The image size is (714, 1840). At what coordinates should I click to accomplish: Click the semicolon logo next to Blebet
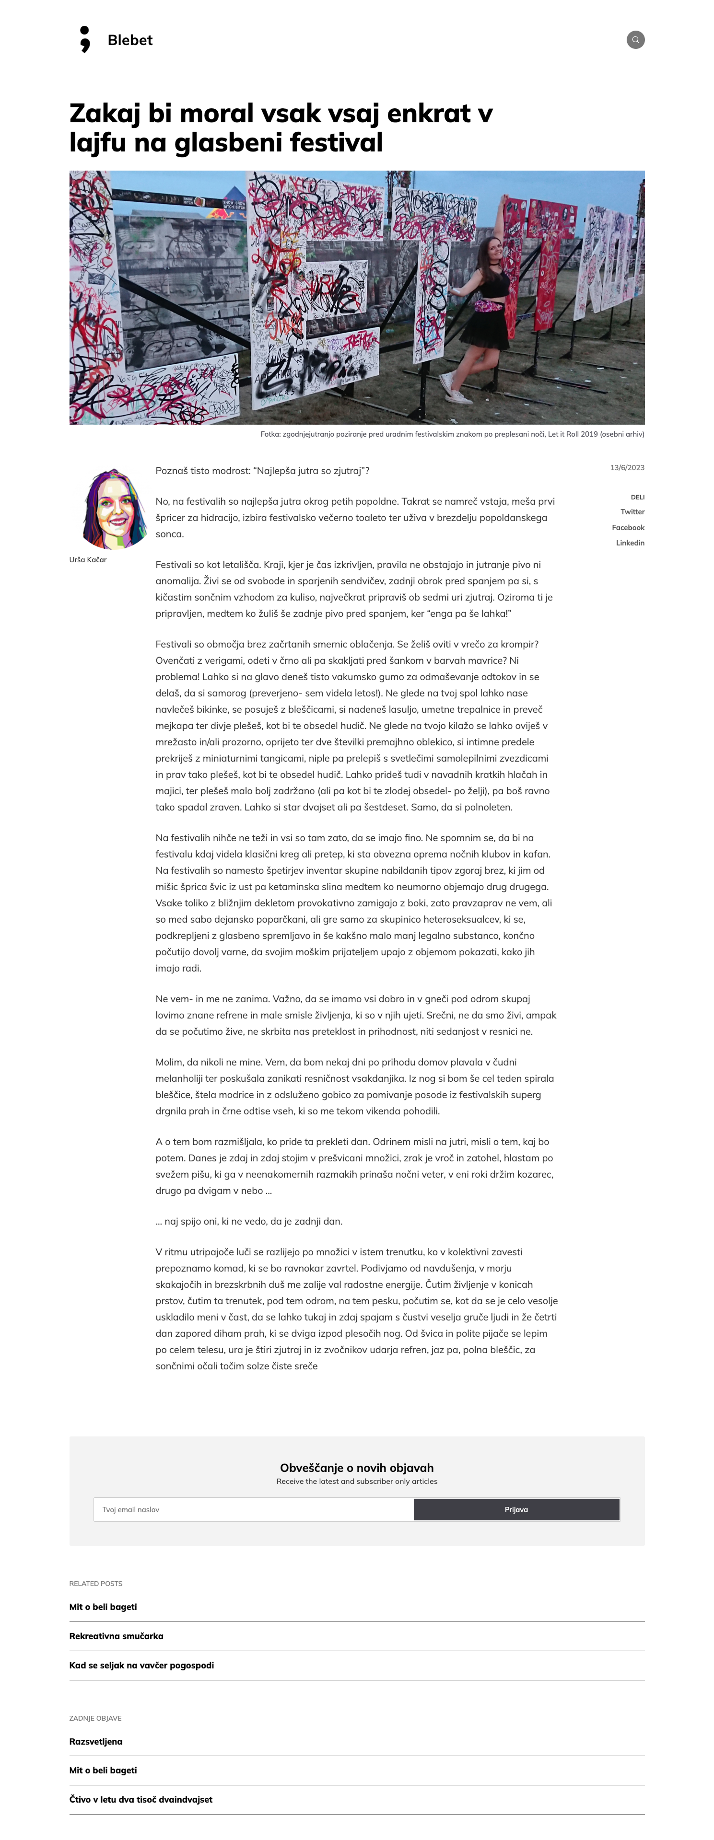(85, 39)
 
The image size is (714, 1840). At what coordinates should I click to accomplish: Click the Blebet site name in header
(129, 40)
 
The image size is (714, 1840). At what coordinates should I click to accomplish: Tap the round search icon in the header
(635, 40)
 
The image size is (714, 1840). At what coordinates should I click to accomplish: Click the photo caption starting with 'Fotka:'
(452, 434)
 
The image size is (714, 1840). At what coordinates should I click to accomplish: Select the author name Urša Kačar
(88, 560)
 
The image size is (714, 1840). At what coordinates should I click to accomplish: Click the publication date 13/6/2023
(627, 468)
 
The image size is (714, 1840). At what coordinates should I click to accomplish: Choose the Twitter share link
(632, 512)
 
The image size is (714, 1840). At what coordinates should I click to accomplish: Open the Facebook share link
(628, 528)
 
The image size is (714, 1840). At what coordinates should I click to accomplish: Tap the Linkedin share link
(630, 543)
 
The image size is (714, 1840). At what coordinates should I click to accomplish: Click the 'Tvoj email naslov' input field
(254, 1509)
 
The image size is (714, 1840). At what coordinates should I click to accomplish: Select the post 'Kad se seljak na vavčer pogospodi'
(141, 1665)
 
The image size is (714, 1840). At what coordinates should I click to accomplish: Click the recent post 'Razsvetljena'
(96, 1741)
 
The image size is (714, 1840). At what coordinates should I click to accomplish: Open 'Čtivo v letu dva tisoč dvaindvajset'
(141, 1799)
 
